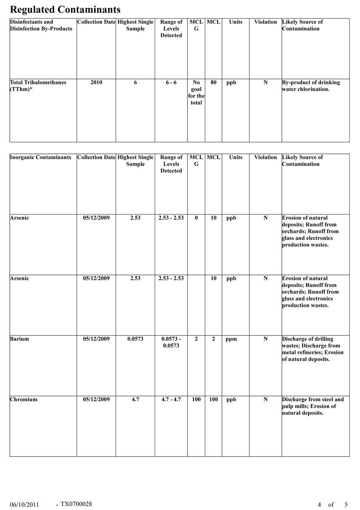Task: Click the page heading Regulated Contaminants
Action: click(65, 9)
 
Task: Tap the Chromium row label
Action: click(23, 399)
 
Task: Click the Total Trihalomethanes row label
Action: click(38, 86)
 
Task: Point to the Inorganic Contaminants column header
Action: click(40, 157)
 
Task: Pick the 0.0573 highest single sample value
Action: click(135, 339)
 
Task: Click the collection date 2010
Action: click(96, 82)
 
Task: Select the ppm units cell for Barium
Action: click(231, 339)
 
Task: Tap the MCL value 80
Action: click(213, 82)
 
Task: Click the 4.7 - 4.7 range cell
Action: click(171, 399)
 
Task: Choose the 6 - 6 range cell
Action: click(171, 82)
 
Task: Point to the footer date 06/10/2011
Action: click(24, 505)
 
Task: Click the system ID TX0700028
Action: click(76, 504)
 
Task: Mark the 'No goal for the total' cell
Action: click(196, 93)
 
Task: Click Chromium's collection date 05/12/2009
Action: click(96, 399)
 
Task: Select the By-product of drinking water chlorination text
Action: click(311, 86)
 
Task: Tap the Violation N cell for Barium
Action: click(265, 339)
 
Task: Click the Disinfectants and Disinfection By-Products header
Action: click(41, 25)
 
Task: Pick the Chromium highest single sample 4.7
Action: click(135, 399)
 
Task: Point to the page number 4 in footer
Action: click(319, 505)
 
